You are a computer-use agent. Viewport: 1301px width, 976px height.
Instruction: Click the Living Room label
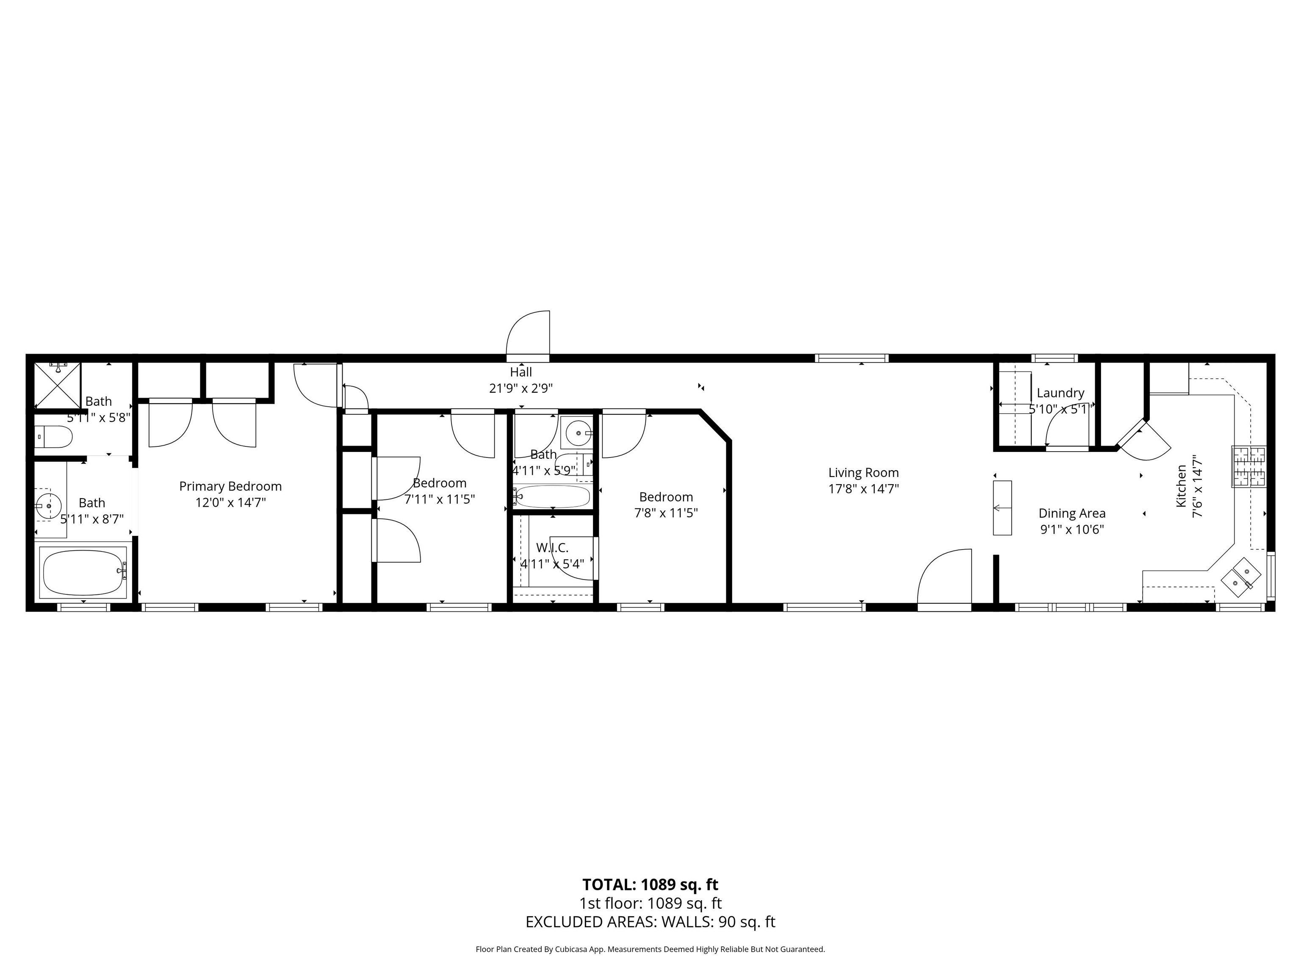coord(863,472)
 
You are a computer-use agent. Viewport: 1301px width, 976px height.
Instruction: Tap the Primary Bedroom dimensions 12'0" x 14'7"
coord(230,502)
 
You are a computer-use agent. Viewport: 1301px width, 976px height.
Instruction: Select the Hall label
coord(520,372)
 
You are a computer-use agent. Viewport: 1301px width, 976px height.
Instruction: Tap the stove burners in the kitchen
coord(1248,466)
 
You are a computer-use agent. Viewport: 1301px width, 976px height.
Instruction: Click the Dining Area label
coord(1071,513)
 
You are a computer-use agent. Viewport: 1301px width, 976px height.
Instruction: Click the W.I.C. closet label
coord(552,548)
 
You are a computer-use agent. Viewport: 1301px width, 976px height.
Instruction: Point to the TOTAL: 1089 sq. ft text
coord(650,884)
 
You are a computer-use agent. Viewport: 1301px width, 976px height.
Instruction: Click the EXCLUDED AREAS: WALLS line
coord(650,922)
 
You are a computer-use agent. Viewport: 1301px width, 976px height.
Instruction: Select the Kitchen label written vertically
coord(1181,486)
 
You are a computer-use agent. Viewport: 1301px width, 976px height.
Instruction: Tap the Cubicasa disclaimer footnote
coord(650,949)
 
